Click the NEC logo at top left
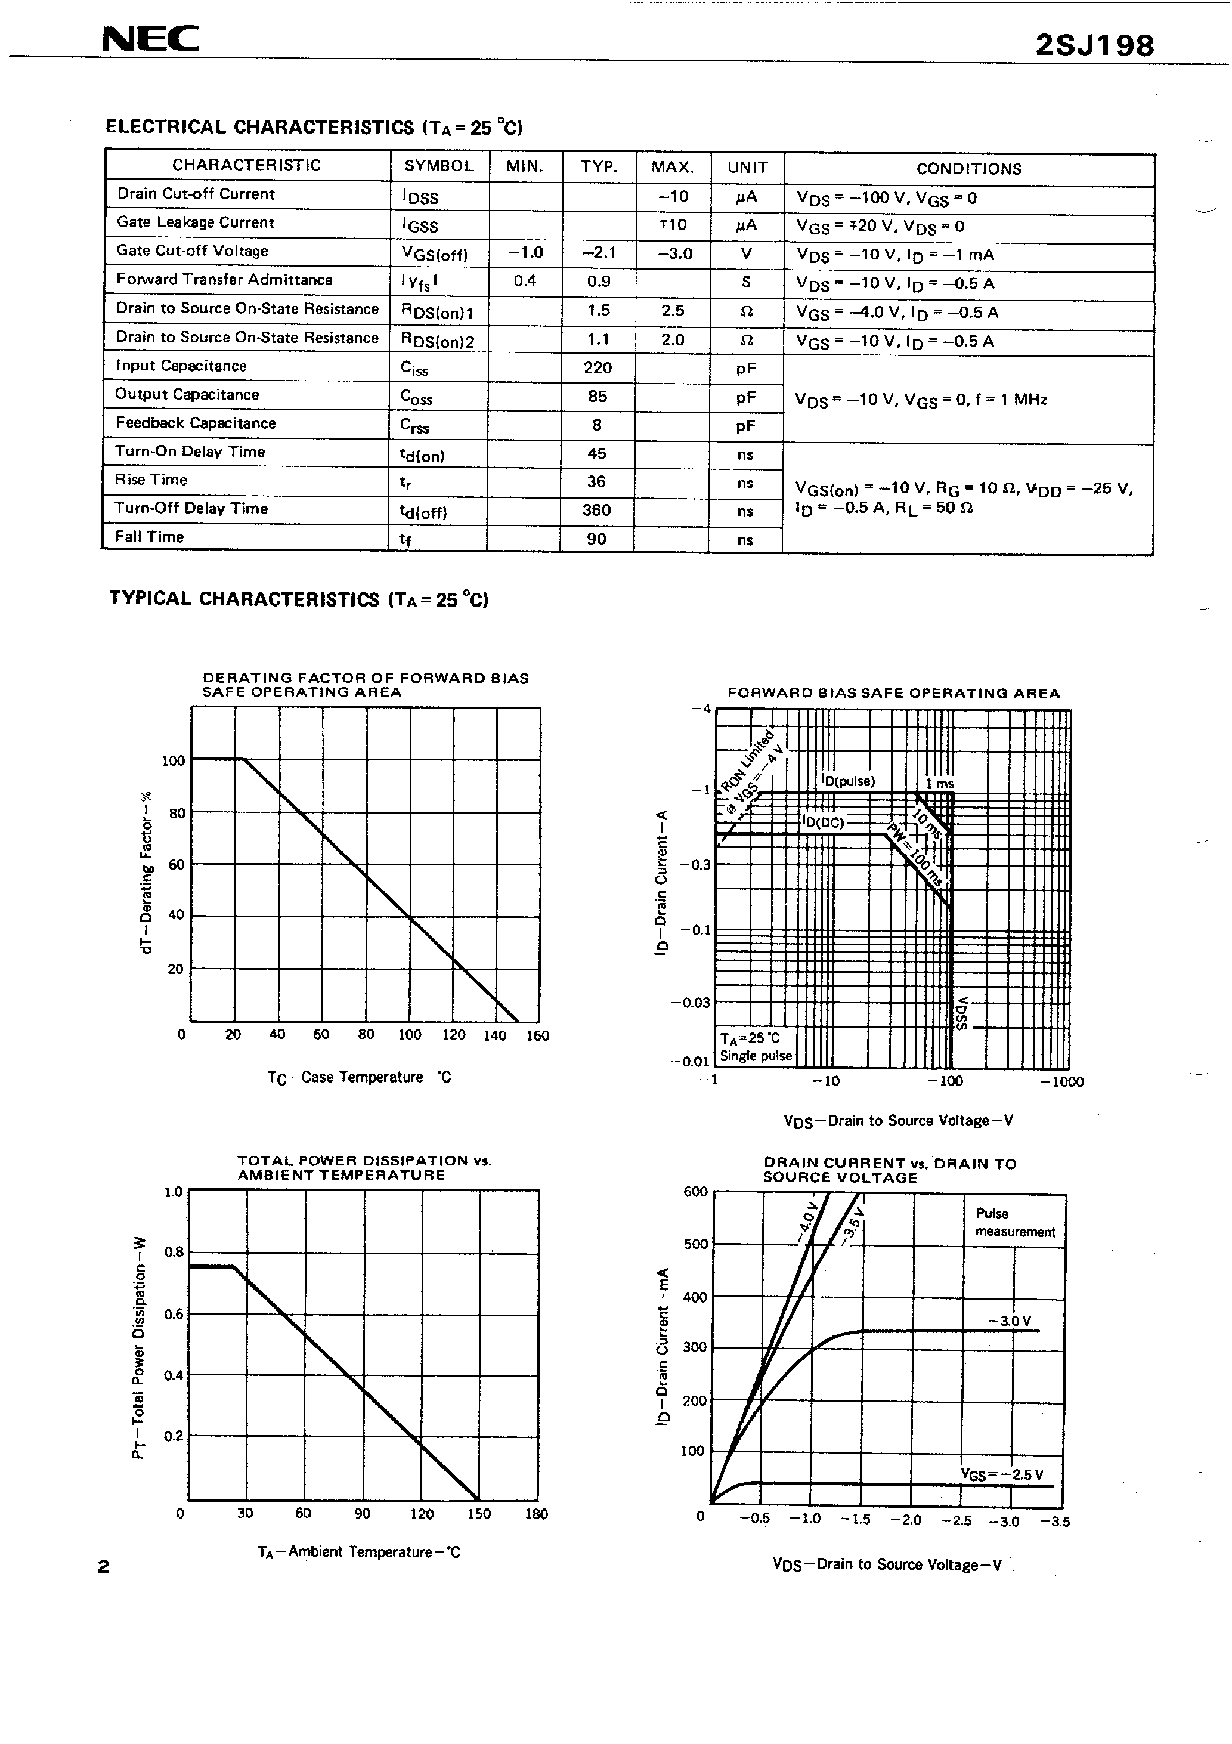click(x=150, y=39)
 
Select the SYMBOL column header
click(x=438, y=166)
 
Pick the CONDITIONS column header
click(x=968, y=169)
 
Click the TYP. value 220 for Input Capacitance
click(x=598, y=367)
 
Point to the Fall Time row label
click(x=150, y=537)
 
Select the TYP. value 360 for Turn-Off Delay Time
click(x=597, y=510)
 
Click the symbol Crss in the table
click(x=414, y=426)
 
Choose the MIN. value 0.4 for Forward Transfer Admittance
click(x=525, y=281)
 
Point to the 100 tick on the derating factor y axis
click(x=173, y=761)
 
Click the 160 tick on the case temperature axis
click(x=537, y=1035)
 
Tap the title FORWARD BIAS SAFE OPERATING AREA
click(x=893, y=692)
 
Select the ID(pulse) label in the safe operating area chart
click(x=847, y=781)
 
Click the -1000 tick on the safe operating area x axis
click(x=1062, y=1081)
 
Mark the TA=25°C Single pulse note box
click(x=755, y=1047)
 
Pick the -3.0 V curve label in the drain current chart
click(x=1010, y=1321)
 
